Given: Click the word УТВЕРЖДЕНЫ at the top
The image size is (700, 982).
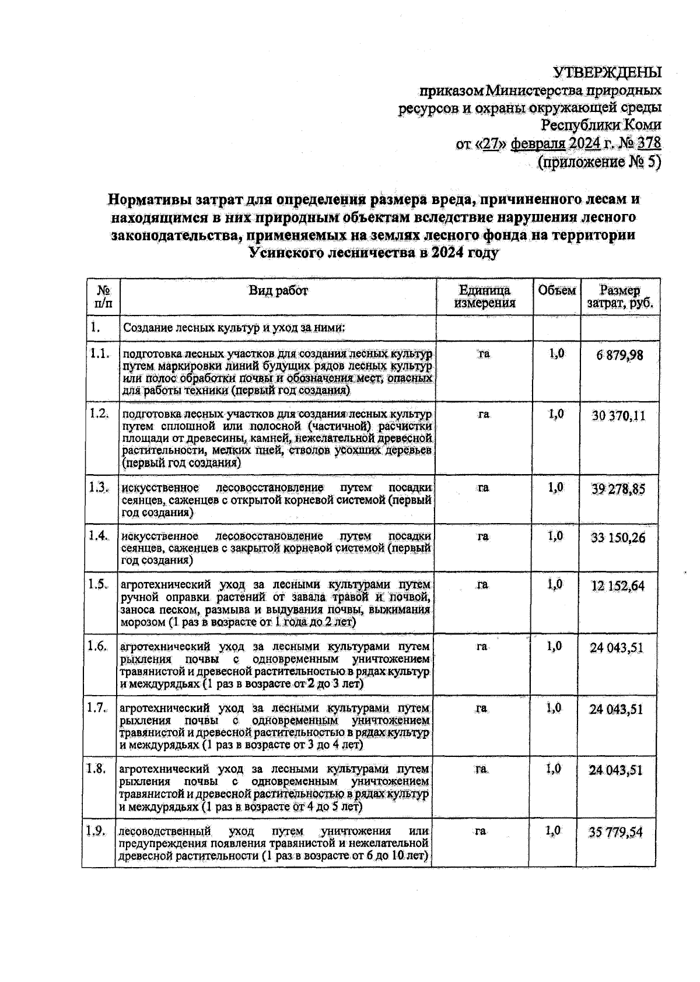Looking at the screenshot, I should coord(607,73).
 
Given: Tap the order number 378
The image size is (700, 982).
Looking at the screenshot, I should coord(649,143).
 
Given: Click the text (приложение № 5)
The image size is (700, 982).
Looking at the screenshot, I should coord(598,162).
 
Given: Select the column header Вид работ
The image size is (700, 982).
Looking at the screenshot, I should coord(278,291).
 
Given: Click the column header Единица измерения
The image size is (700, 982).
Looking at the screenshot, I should coord(485,297).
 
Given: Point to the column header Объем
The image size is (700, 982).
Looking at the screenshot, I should coord(556,291).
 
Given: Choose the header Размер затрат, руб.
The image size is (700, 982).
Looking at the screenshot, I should coord(620,297).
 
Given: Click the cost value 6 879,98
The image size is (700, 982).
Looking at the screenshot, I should coord(619,355).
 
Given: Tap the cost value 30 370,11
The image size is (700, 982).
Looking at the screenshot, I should coord(618,416).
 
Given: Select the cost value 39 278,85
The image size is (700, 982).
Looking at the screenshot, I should coord(618,489).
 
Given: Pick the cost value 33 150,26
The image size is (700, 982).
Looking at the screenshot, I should coord(618,538).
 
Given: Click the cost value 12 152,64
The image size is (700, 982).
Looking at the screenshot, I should coord(617,586).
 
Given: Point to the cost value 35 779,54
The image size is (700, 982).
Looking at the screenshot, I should coord(615,832).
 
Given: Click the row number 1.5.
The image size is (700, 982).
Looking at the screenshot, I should coord(99,584).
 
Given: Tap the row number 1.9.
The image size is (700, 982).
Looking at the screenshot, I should coord(96,831).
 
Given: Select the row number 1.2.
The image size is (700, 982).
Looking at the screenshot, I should coord(100,413).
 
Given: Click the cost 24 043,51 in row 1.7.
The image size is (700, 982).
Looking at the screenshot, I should coord(616,710).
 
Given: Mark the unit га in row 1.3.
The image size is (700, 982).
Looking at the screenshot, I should coord(483,488).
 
